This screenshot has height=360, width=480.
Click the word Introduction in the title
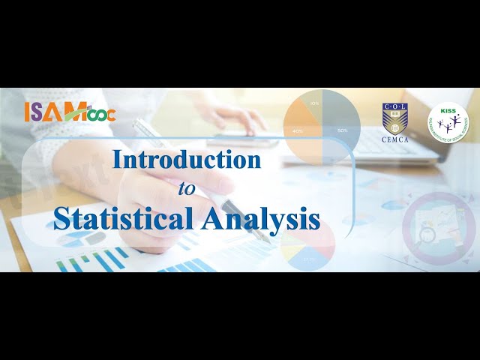[187, 160]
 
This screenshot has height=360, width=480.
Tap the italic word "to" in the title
[186, 188]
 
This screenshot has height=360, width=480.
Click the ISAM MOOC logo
[59, 112]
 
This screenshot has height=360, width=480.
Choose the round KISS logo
[448, 120]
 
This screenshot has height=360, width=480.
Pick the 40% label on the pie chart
[299, 130]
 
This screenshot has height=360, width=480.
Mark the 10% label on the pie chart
[314, 103]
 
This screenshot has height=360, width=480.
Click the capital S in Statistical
[61, 218]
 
